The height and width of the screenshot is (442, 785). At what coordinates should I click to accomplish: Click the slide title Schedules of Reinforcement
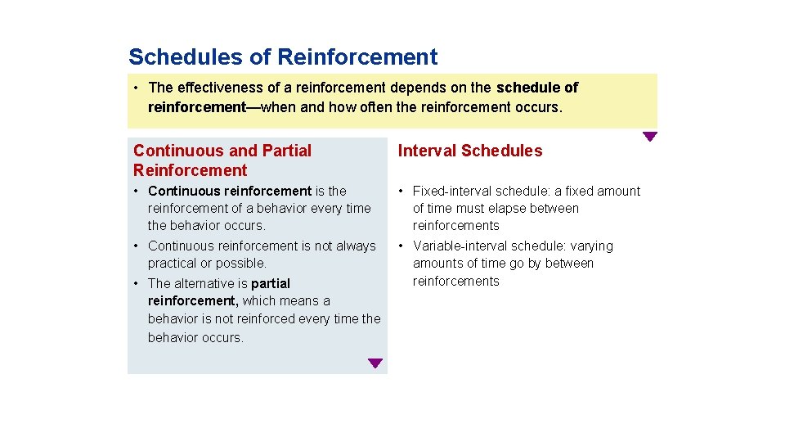(283, 57)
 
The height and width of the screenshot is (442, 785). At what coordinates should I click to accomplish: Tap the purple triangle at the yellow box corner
(649, 137)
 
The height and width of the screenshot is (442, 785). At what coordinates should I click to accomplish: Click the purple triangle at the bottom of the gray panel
(375, 363)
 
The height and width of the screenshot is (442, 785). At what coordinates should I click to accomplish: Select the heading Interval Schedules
(469, 151)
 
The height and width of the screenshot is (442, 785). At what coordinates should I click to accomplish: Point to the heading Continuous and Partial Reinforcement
(222, 160)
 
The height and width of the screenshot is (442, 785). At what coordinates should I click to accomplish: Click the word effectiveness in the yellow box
(217, 88)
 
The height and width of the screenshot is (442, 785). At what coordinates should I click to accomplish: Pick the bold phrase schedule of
(536, 88)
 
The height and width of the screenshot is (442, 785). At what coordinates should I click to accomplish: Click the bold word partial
(271, 284)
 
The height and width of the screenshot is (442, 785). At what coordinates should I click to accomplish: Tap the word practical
(173, 264)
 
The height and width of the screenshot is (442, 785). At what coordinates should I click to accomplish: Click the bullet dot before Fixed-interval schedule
(401, 192)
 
